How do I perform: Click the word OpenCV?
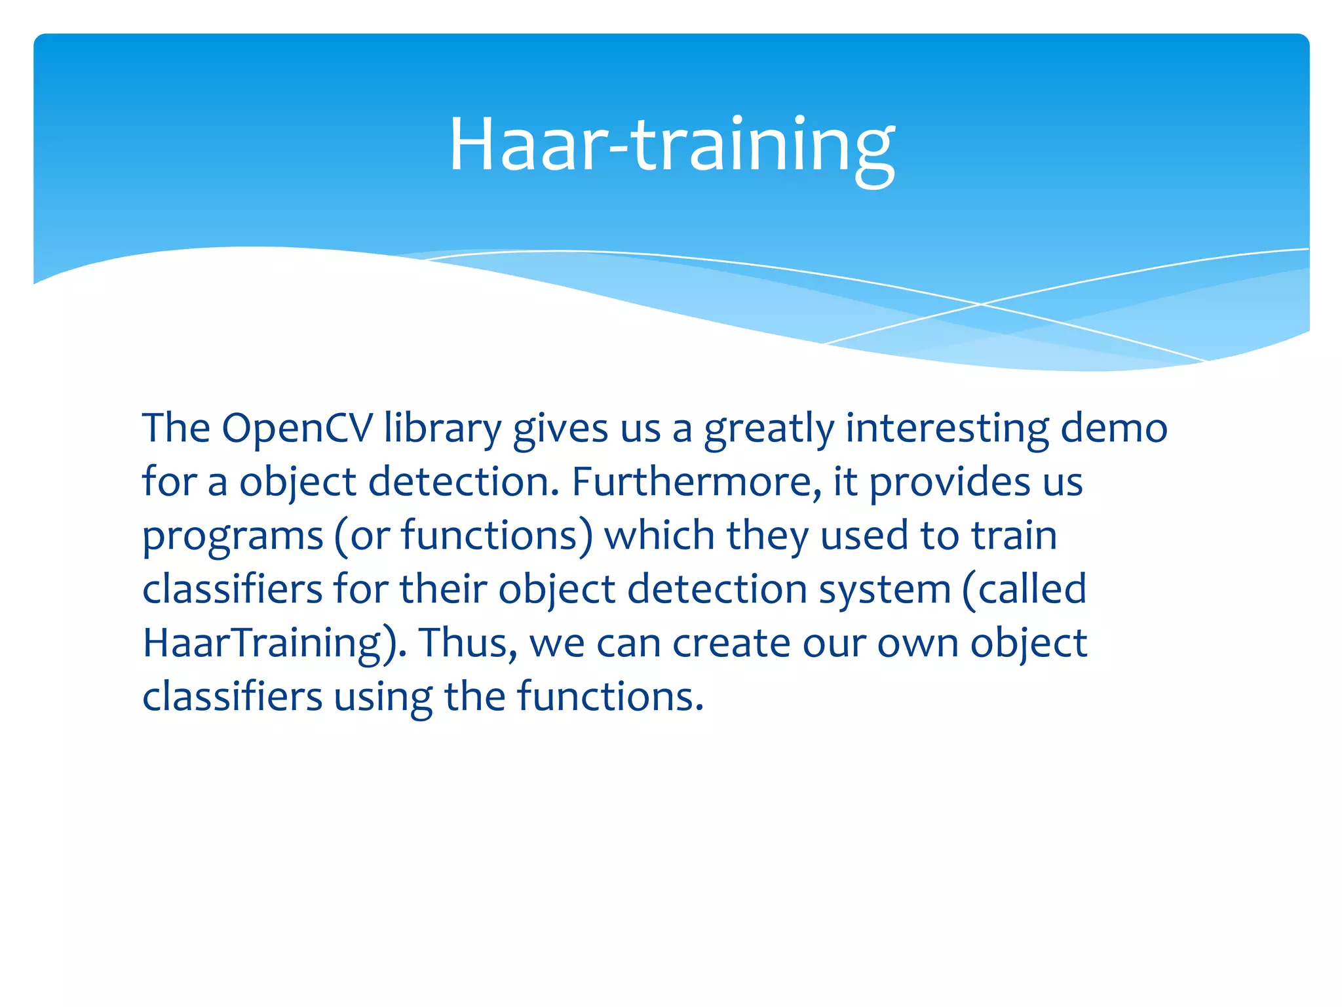pos(297,429)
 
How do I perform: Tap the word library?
pos(443,429)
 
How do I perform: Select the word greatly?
pos(769,429)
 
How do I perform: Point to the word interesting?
pos(948,429)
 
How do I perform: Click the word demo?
pos(1114,429)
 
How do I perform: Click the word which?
pos(659,536)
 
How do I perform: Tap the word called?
pos(1031,590)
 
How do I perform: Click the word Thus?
pos(468,644)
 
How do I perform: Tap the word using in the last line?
pos(383,698)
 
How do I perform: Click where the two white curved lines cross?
pos(981,304)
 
